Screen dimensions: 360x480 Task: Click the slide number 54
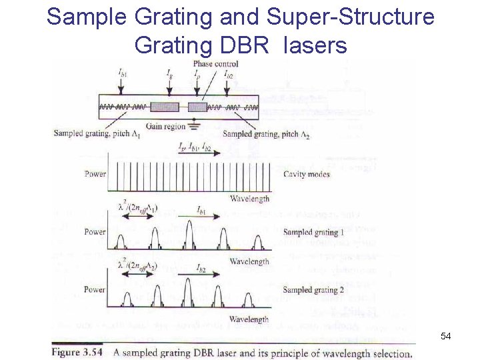click(x=446, y=337)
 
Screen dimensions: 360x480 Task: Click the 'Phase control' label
click(x=216, y=64)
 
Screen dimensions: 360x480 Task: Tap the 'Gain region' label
click(x=164, y=127)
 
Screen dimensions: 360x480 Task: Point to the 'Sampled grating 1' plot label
click(x=313, y=232)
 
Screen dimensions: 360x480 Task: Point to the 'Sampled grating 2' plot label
click(x=313, y=290)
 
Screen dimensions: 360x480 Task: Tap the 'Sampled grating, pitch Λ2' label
click(x=266, y=135)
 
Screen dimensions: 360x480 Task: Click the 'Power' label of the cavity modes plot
click(x=95, y=174)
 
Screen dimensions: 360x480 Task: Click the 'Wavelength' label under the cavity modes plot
click(x=249, y=199)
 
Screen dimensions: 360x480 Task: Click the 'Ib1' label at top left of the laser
click(x=123, y=72)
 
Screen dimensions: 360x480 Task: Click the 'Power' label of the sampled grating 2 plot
click(x=95, y=290)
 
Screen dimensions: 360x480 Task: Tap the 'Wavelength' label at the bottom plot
click(x=249, y=319)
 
